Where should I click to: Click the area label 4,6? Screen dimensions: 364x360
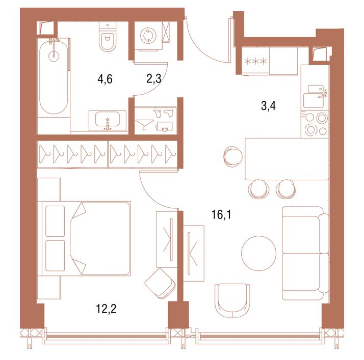105,79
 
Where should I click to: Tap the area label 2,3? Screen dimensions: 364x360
153,79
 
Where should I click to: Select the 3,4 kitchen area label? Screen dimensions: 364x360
268,106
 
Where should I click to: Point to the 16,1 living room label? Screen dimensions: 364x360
221,215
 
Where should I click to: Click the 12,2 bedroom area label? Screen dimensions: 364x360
106,309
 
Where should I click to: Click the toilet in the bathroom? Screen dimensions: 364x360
108,37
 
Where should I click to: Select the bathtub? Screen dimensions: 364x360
54,76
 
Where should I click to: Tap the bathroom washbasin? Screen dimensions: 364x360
108,121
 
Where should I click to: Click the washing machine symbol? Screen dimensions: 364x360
148,36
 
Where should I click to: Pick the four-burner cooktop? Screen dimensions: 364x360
315,124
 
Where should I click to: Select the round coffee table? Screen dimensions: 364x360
259,253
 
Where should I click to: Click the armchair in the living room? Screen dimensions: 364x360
232,300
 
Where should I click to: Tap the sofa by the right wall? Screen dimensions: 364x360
305,253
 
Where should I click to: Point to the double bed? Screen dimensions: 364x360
86,238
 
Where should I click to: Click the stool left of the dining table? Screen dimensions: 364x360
233,156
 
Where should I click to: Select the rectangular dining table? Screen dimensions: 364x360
287,159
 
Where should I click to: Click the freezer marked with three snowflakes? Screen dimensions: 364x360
255,61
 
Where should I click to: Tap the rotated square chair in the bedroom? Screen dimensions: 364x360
160,283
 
